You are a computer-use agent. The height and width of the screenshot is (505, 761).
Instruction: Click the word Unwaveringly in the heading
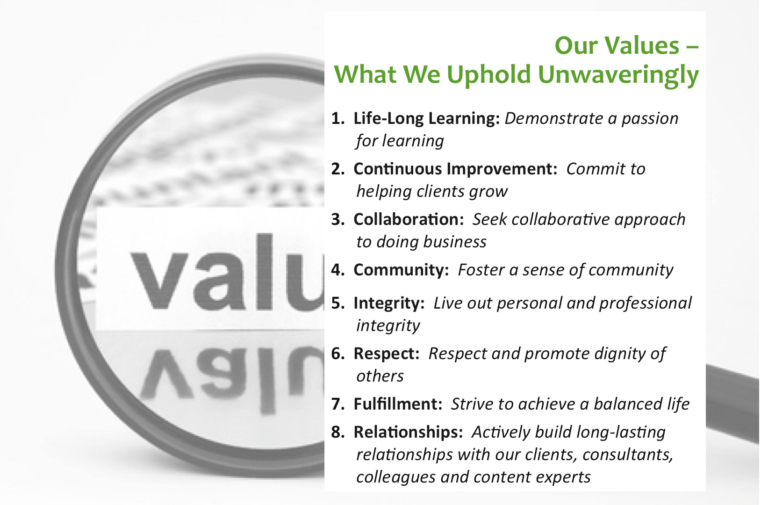click(618, 75)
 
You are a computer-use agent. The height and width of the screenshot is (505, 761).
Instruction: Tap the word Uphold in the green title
click(488, 75)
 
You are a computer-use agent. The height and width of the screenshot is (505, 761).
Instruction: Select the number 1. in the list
click(338, 118)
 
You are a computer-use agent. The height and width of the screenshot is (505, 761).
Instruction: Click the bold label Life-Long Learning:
click(427, 119)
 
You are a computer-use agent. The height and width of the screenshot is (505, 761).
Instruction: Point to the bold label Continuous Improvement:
click(455, 169)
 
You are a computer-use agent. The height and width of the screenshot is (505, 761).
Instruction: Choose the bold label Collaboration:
click(409, 219)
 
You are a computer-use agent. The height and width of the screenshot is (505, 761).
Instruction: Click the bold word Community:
click(401, 270)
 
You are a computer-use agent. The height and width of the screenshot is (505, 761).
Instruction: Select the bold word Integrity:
click(389, 303)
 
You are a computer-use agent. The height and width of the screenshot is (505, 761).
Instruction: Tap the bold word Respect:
click(387, 354)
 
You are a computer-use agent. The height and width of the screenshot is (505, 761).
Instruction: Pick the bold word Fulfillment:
click(398, 404)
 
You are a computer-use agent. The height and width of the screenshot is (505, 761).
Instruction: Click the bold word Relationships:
click(409, 432)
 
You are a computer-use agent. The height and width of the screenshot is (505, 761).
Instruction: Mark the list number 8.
click(338, 432)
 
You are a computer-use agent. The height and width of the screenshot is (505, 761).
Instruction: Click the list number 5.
click(338, 303)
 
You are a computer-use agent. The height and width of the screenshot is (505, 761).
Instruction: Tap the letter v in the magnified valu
click(159, 281)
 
